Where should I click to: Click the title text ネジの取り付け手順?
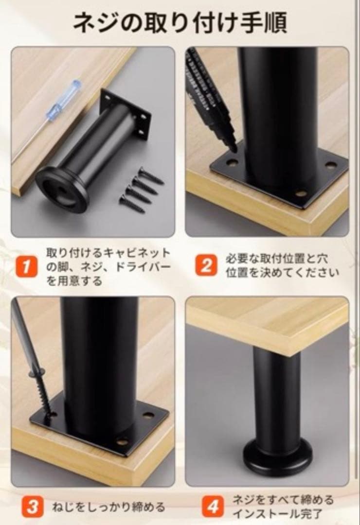point(180,22)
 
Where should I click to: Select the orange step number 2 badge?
point(206,266)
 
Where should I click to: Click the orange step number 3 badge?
point(32,507)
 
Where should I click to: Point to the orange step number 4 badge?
point(213,507)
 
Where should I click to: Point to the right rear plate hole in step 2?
point(331,165)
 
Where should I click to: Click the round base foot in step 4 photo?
point(277,457)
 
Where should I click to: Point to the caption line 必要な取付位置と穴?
point(277,258)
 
